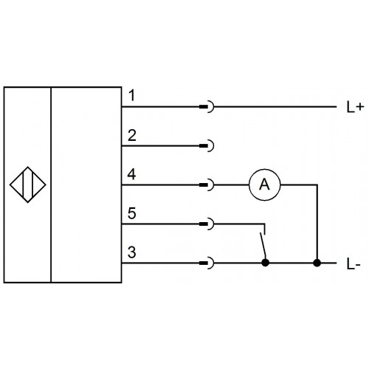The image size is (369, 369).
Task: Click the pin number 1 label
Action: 132,95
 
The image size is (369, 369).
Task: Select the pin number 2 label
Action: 132,135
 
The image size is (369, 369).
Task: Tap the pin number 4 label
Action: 131,174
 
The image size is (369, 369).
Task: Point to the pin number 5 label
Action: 132,213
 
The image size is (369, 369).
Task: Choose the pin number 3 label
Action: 132,252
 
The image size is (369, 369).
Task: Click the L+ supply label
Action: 355,107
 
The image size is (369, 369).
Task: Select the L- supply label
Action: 354,264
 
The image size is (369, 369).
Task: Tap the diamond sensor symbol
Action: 28,184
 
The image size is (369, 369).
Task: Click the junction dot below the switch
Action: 265,263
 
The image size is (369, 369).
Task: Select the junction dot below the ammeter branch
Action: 317,263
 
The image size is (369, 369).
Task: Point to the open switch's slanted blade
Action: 263,246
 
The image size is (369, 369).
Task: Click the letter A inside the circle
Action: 264,184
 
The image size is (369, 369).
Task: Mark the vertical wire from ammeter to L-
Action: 317,224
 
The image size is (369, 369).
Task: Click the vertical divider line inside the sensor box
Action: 51,184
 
